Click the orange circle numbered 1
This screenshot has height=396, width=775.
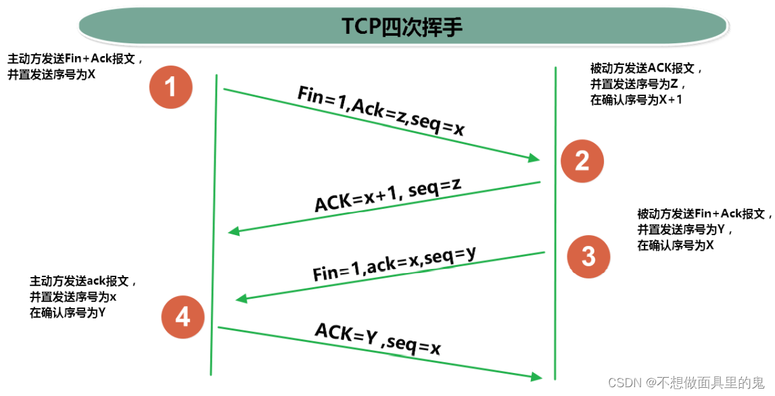171,87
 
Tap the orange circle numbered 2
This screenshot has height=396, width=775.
582,160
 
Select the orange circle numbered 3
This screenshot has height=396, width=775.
588,256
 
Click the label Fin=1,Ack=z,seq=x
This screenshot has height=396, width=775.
381,111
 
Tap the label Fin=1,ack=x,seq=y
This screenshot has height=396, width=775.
394,264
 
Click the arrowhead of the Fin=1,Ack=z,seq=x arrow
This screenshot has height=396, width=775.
534,159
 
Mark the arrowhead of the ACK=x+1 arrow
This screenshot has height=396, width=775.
234,232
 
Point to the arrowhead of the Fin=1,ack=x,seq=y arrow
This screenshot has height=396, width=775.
239,299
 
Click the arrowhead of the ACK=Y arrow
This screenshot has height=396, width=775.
537,376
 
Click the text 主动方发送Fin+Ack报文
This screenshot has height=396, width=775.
75,59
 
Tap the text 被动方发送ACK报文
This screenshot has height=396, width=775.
647,68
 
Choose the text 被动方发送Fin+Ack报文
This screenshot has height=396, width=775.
704,214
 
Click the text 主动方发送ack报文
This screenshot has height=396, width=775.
84,280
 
